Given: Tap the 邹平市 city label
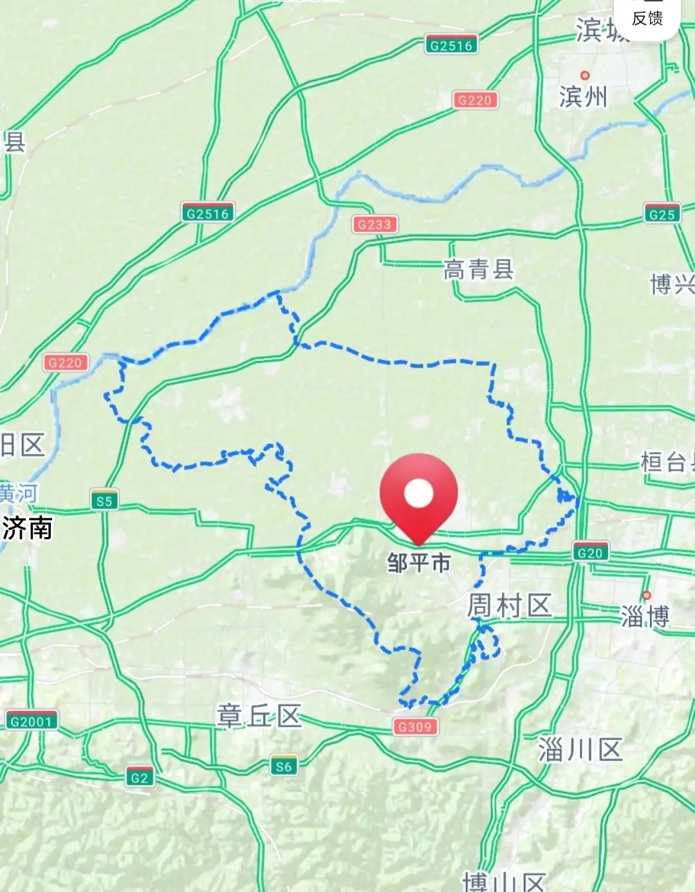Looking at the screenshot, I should click(418, 563).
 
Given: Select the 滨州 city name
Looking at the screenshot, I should click(583, 97).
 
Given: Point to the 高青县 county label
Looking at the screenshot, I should click(478, 270).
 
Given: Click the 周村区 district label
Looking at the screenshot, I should click(509, 606).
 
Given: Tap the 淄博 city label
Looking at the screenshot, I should click(645, 616).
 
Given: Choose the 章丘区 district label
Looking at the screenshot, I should click(259, 716).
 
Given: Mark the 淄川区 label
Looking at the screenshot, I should click(580, 750).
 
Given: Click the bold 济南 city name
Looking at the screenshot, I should click(27, 528).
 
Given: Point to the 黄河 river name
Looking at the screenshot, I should click(18, 493).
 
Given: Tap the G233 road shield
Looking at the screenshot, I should click(375, 224).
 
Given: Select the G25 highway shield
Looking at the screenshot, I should click(662, 214).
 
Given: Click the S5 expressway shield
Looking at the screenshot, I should click(104, 501).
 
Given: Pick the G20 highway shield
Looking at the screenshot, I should click(590, 553).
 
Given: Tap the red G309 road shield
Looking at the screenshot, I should click(415, 726).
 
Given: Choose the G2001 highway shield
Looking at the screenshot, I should click(31, 721).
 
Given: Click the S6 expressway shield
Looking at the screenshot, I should click(284, 766).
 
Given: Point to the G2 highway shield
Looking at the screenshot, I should click(140, 777).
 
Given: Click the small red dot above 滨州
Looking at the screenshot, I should click(585, 75).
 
